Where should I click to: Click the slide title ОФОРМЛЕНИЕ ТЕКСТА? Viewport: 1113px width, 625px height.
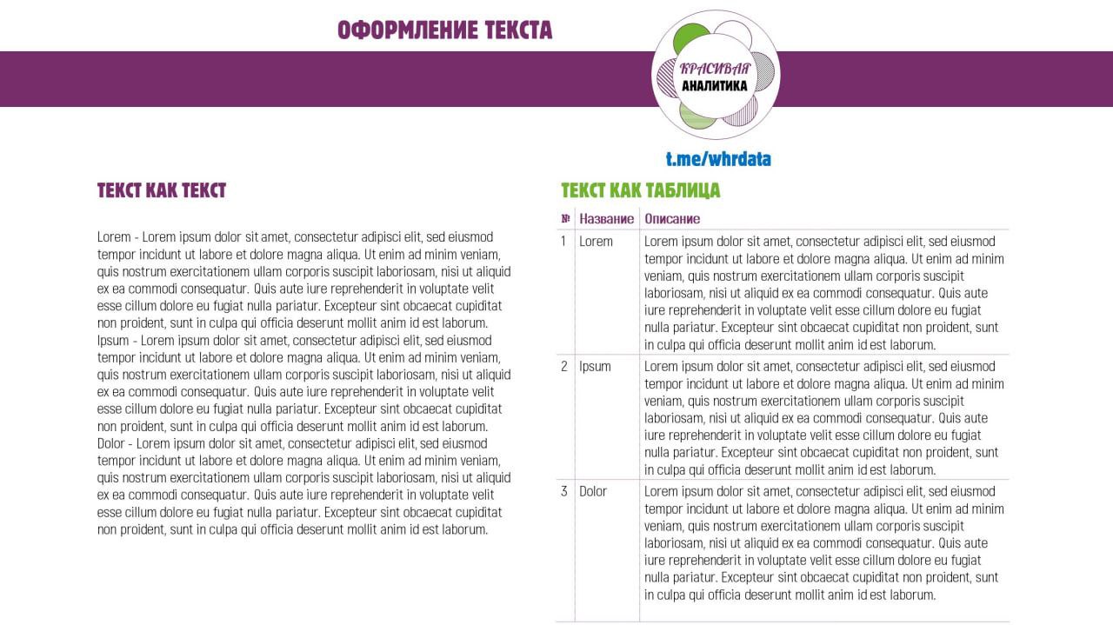click(444, 30)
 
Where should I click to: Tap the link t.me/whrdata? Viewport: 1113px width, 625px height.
click(718, 159)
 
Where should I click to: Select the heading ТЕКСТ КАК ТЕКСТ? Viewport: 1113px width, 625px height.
click(162, 191)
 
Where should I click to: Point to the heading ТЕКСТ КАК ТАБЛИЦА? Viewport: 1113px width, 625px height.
click(640, 190)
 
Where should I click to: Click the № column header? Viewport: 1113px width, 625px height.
click(565, 219)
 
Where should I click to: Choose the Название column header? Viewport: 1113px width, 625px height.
click(607, 219)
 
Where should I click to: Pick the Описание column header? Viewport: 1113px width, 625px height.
click(672, 219)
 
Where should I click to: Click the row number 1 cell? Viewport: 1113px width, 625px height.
click(563, 242)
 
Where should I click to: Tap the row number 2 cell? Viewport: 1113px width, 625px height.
click(563, 367)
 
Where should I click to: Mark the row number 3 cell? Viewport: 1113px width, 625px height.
click(563, 492)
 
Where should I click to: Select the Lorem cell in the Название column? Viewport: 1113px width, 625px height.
click(596, 242)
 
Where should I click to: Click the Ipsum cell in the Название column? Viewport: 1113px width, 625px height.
click(596, 367)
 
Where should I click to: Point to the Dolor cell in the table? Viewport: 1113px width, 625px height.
click(593, 492)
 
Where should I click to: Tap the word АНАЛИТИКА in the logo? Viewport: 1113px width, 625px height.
click(715, 86)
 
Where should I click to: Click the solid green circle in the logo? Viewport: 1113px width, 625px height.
click(691, 41)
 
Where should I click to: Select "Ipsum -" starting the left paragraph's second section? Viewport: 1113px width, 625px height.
click(117, 341)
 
